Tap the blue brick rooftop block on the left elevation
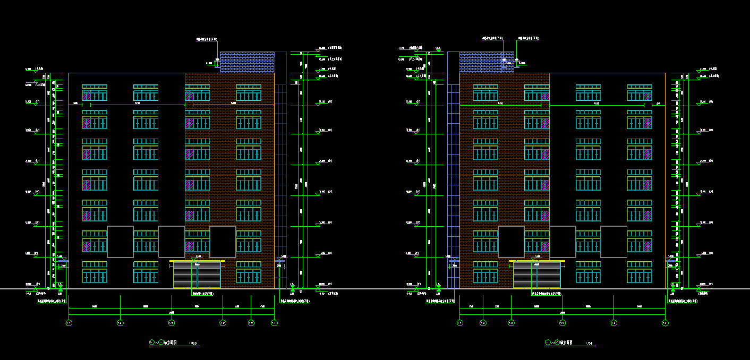coord(247,62)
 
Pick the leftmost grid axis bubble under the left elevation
coord(69,323)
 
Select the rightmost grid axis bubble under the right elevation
coord(665,323)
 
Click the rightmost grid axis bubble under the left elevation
coord(274,323)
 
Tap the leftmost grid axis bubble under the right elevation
coord(460,323)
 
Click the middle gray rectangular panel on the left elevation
coord(171,242)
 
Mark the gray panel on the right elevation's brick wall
coord(511,242)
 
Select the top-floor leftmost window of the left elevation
coord(95,92)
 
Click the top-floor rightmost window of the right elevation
coord(640,92)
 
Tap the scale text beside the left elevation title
coord(193,344)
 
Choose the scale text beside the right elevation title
coord(589,344)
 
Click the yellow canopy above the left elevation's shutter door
coord(197,261)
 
